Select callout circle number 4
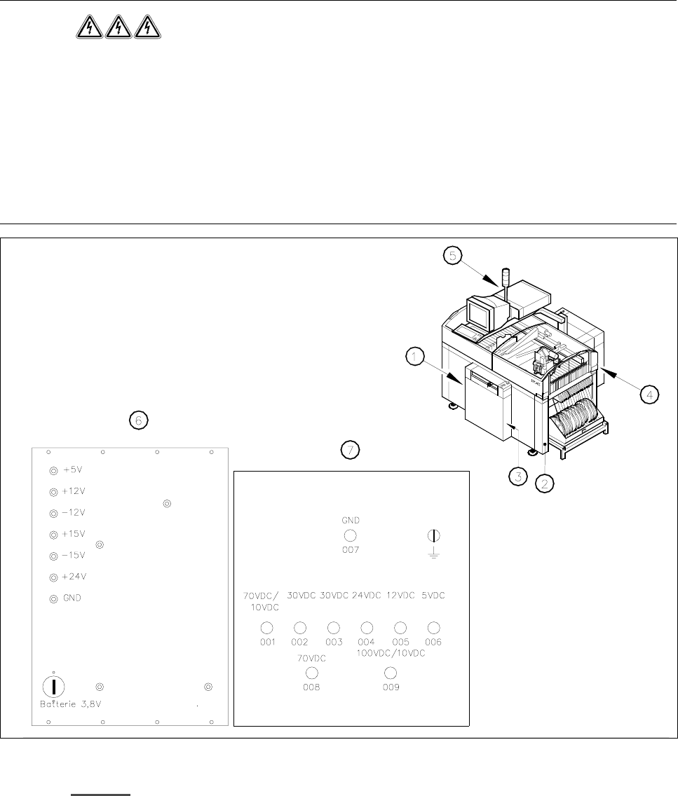[x=650, y=395]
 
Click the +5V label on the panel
[x=74, y=470]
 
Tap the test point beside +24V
[x=53, y=577]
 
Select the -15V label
[x=74, y=556]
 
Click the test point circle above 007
[x=350, y=536]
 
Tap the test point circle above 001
[x=266, y=627]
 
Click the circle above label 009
[x=391, y=673]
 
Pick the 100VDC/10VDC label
[x=391, y=653]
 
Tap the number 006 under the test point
[x=433, y=642]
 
